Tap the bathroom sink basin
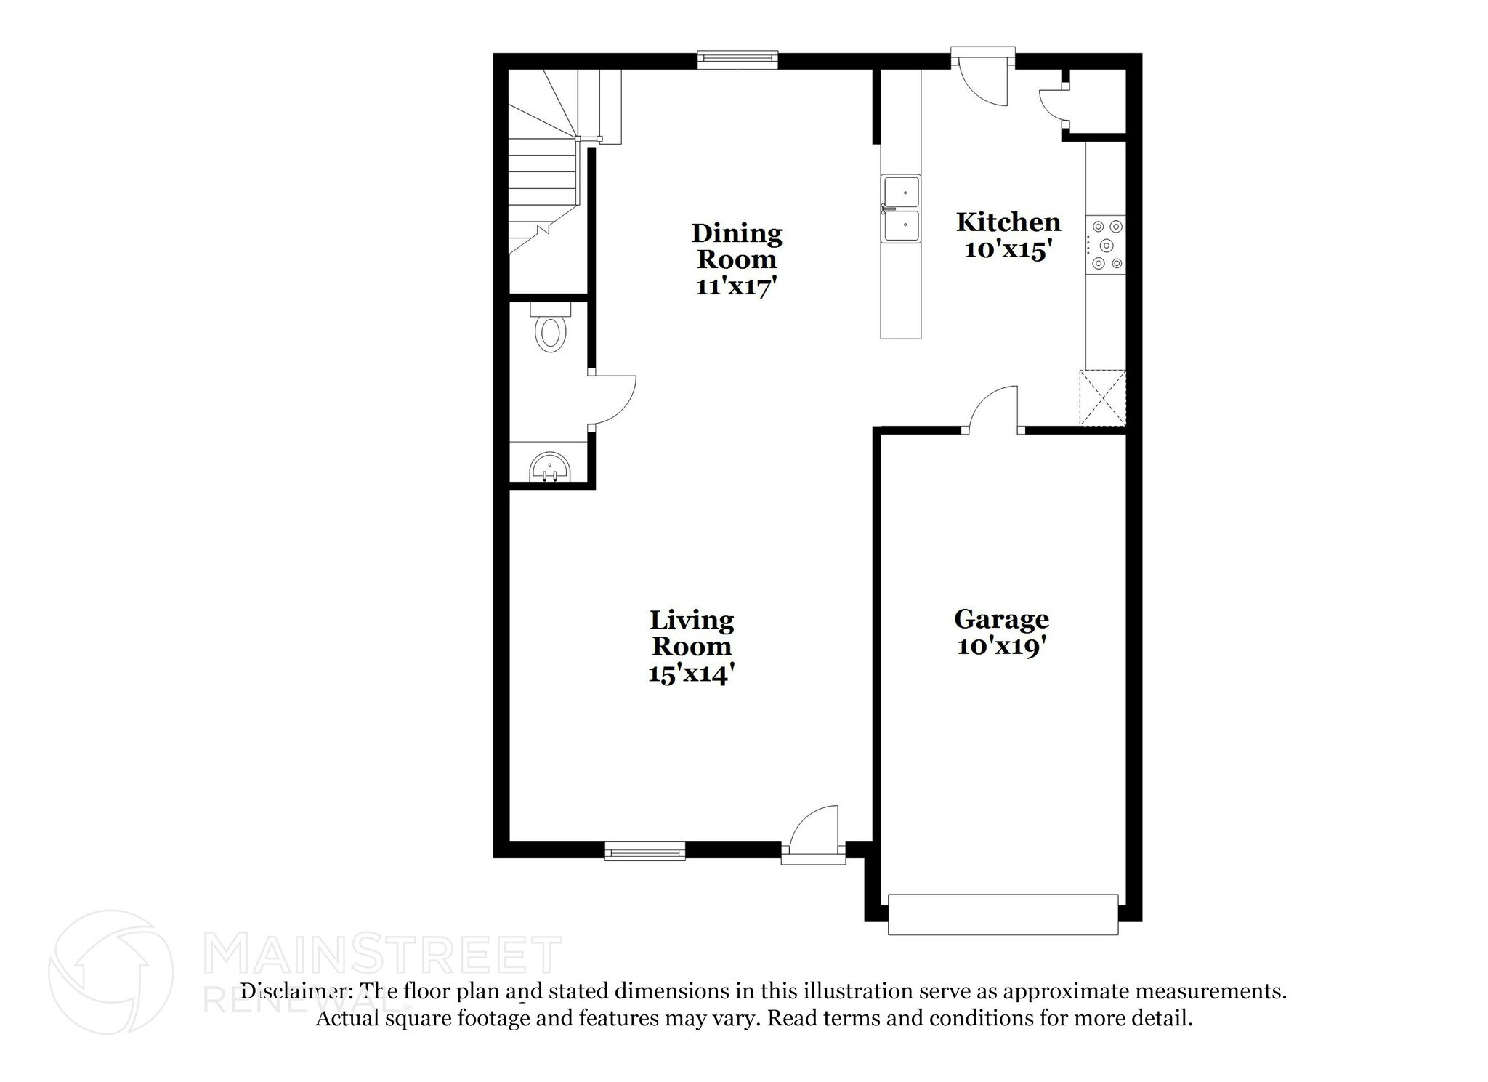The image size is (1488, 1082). [549, 467]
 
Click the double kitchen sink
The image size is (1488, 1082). [900, 209]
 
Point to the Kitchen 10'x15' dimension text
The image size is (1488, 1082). [1008, 249]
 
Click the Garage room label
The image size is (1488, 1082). [1001, 619]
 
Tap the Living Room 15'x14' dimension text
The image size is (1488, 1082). [691, 674]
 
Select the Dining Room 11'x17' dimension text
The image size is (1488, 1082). [736, 286]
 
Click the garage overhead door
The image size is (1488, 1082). [1003, 914]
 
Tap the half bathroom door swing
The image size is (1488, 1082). [614, 400]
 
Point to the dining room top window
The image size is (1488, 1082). [737, 60]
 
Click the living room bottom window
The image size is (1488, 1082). [645, 850]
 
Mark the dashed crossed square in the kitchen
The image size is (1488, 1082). [1102, 397]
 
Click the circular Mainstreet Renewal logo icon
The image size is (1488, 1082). [110, 972]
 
